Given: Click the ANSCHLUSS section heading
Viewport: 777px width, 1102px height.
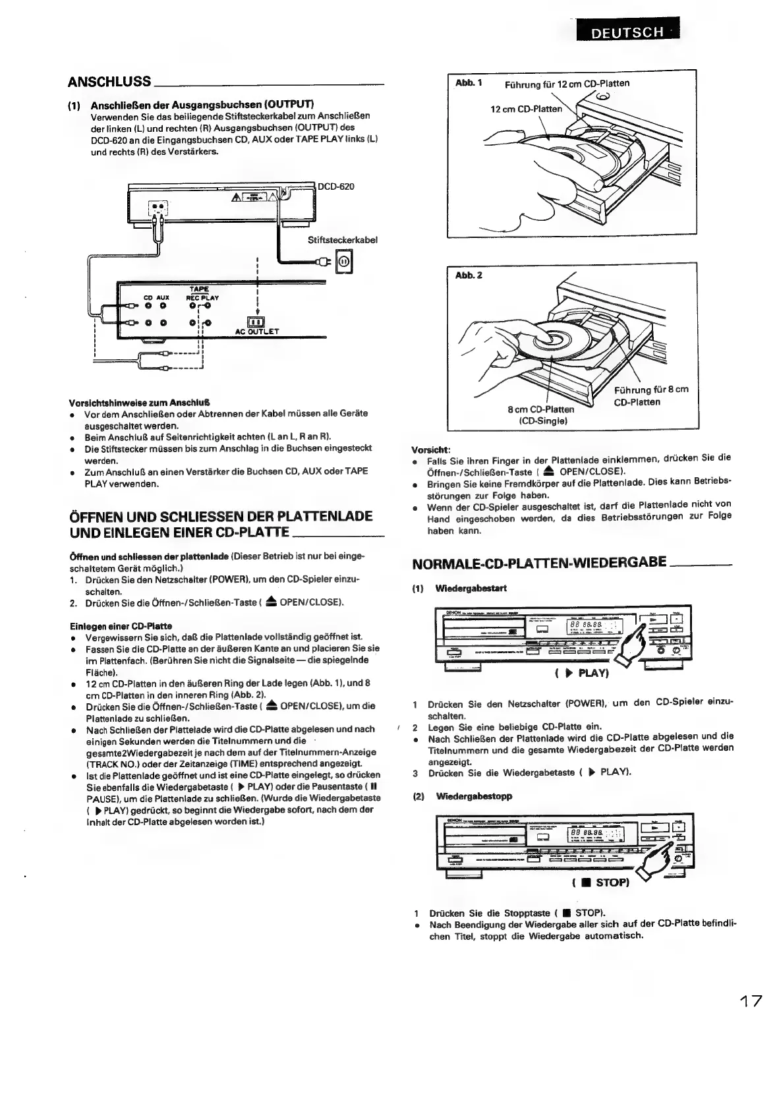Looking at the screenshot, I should click(x=109, y=82).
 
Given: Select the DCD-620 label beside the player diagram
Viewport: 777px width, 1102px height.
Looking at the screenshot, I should click(x=336, y=187).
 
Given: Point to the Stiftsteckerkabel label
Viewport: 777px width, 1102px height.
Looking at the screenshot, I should click(x=342, y=240).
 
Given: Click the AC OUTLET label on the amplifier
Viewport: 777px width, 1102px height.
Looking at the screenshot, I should click(x=257, y=332).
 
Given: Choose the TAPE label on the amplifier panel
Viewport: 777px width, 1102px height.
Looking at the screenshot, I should click(x=198, y=289).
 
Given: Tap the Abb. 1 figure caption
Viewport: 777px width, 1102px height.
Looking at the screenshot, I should click(x=469, y=82).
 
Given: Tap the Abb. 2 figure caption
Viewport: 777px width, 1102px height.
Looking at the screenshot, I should click(x=469, y=275).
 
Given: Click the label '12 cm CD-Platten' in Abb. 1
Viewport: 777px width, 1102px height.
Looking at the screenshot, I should click(x=527, y=109).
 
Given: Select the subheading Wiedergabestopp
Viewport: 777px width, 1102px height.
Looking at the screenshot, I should click(x=474, y=796).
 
